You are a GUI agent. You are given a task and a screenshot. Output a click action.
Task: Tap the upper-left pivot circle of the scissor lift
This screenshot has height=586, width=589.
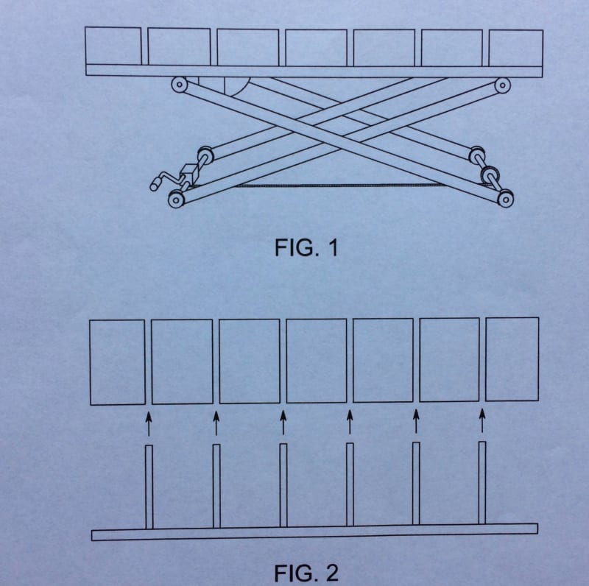[x=179, y=85]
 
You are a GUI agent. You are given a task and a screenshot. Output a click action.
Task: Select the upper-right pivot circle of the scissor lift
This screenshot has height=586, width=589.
[x=503, y=85]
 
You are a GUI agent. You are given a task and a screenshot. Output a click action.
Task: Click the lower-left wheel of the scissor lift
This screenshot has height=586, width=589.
[x=176, y=199]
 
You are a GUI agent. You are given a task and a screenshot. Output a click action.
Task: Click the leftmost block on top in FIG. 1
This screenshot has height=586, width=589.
[x=113, y=46]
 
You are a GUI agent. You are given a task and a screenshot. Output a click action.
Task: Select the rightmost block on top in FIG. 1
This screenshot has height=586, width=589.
[x=515, y=47]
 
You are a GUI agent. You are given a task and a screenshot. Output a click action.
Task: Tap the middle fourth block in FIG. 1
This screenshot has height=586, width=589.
[x=316, y=47]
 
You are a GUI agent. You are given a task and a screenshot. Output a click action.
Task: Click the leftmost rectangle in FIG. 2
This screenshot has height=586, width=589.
[x=117, y=361]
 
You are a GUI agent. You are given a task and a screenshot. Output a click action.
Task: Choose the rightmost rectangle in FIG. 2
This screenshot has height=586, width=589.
[x=512, y=359]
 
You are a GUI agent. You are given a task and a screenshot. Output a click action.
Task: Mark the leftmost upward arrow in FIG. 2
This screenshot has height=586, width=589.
[x=149, y=424]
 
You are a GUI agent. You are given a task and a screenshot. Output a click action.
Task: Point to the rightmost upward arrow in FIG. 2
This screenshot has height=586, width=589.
[x=482, y=421]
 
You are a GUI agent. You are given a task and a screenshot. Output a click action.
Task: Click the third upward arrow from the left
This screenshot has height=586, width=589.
[x=283, y=423]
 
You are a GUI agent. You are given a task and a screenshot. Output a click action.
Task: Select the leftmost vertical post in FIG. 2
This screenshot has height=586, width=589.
[x=149, y=487]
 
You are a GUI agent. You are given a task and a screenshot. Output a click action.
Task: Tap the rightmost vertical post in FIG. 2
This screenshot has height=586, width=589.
[x=482, y=483]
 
